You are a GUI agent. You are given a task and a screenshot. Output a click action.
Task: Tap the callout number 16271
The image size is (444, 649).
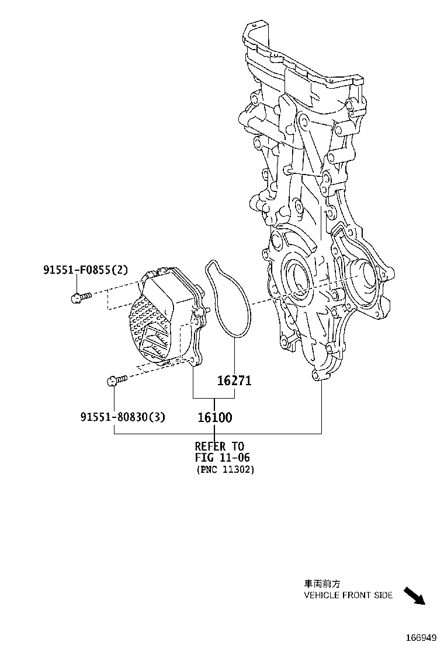coord(234,381)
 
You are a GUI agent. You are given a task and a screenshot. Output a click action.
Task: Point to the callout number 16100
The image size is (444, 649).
coord(214,417)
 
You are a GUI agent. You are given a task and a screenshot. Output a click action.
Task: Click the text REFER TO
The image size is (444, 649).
coord(220,447)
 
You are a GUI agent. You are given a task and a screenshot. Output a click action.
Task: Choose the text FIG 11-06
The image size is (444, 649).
coord(222,458)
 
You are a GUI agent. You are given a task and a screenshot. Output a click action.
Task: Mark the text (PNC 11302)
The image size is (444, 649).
coord(225,469)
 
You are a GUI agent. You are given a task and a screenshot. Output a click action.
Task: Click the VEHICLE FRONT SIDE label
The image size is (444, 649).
coord(348,595)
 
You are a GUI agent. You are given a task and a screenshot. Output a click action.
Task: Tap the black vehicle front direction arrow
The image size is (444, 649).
coord(415,596)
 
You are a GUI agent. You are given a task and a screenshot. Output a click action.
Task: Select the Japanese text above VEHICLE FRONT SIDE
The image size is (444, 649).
coord(322,584)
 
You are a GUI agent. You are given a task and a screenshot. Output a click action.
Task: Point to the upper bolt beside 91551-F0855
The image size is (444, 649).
coord(80,298)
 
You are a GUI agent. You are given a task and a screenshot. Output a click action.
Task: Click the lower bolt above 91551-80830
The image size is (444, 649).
coord(116,381)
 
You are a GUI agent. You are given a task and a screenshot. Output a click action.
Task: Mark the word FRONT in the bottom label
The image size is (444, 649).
coord(355,595)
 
